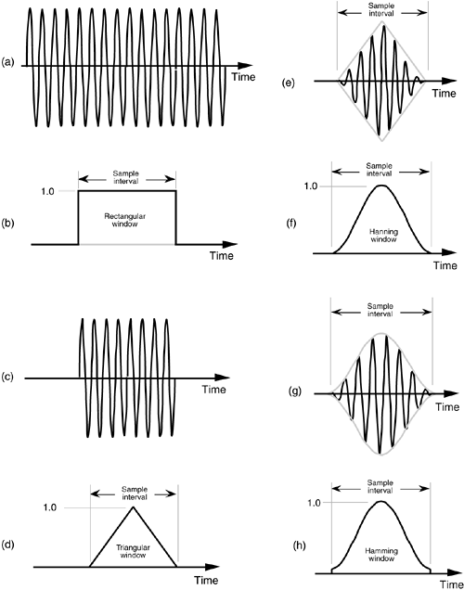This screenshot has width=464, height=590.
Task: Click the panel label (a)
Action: (x=8, y=62)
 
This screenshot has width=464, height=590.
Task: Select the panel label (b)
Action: (x=8, y=224)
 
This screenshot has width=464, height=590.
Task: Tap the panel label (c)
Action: (x=8, y=377)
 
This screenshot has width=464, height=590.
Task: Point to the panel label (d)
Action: (x=8, y=544)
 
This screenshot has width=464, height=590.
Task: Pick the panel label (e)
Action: (x=289, y=83)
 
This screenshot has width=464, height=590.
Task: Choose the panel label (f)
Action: (x=291, y=224)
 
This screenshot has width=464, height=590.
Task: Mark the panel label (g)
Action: (x=295, y=391)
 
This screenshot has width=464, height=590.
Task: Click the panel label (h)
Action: (x=299, y=545)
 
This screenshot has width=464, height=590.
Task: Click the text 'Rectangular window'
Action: (x=124, y=220)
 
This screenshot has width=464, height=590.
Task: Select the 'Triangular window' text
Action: (x=133, y=551)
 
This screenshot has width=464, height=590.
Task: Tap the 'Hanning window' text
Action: (x=383, y=236)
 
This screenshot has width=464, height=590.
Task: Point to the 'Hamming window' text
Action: (x=381, y=555)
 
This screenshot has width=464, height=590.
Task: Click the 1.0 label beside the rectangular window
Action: (x=47, y=191)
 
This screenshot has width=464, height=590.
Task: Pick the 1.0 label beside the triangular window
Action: (x=50, y=507)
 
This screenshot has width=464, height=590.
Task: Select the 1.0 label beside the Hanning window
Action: (x=311, y=186)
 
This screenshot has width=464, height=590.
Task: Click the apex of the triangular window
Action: (x=133, y=507)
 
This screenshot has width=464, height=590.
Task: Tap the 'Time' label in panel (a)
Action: (x=243, y=77)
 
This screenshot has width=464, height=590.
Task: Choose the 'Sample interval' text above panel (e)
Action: (x=381, y=9)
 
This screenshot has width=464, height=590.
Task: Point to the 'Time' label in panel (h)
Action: (x=452, y=584)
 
